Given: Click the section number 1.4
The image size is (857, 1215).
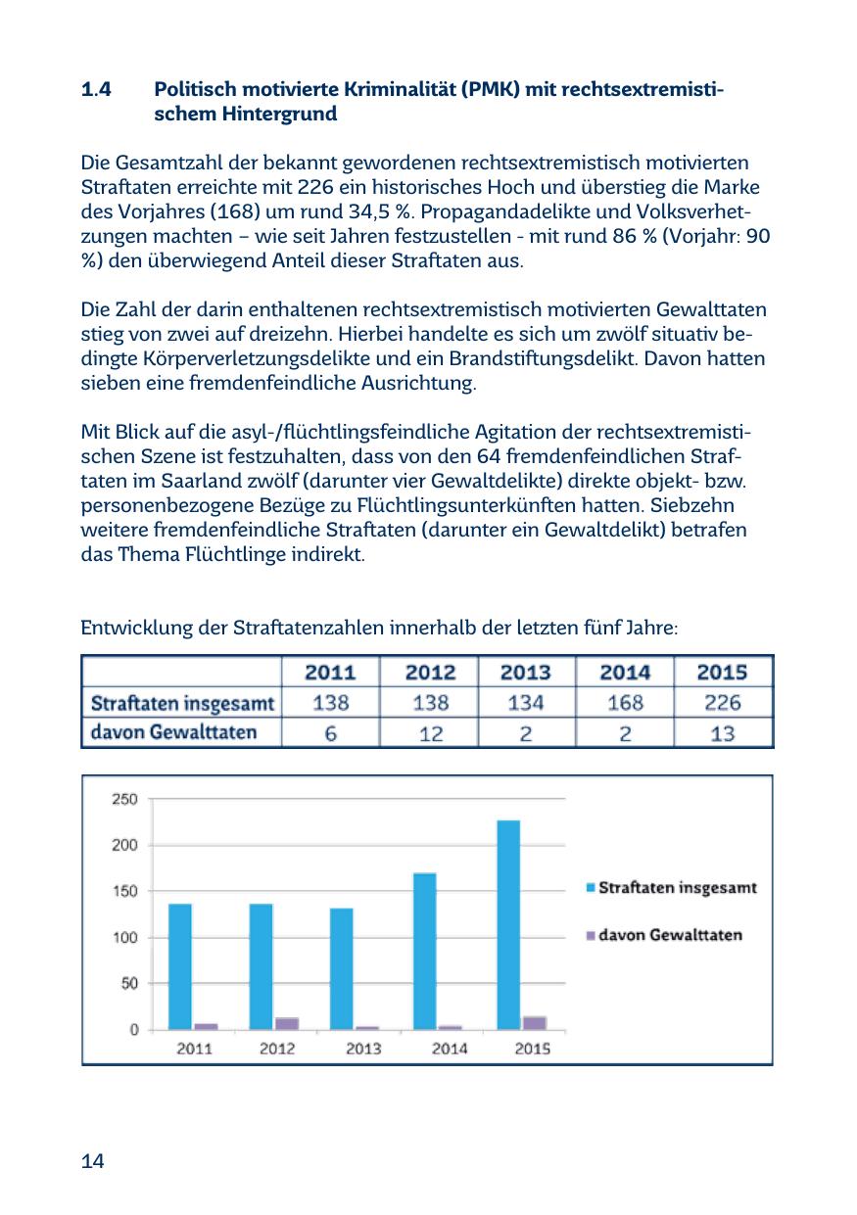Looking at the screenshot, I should pyautogui.click(x=96, y=91).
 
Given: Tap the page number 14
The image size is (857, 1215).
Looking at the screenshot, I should pyautogui.click(x=93, y=1161).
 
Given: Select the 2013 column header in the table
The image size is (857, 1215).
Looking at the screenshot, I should pyautogui.click(x=526, y=673).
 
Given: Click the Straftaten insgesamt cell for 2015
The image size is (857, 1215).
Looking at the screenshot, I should pyautogui.click(x=722, y=702).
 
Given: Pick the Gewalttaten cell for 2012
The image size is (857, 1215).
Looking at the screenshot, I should pyautogui.click(x=430, y=732).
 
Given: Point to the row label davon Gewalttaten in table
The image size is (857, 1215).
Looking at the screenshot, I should pyautogui.click(x=173, y=732).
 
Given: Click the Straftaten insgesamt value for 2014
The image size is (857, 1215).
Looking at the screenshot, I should pyautogui.click(x=625, y=702).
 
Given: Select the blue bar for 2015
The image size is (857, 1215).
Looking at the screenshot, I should pyautogui.click(x=508, y=924).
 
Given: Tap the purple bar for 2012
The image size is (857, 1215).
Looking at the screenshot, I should pyautogui.click(x=287, y=1023).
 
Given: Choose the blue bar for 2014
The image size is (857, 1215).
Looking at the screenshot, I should pyautogui.click(x=425, y=951).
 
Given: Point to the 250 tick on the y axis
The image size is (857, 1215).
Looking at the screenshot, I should pyautogui.click(x=125, y=799).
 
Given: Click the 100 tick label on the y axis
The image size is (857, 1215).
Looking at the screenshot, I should pyautogui.click(x=125, y=938).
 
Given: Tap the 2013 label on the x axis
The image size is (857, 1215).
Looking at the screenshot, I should pyautogui.click(x=364, y=1049).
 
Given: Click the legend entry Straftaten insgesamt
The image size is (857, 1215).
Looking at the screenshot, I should pyautogui.click(x=677, y=888).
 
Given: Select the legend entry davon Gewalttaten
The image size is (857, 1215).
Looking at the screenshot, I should pyautogui.click(x=670, y=935).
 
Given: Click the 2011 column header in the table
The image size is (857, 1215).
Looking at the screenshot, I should pyautogui.click(x=331, y=673).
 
